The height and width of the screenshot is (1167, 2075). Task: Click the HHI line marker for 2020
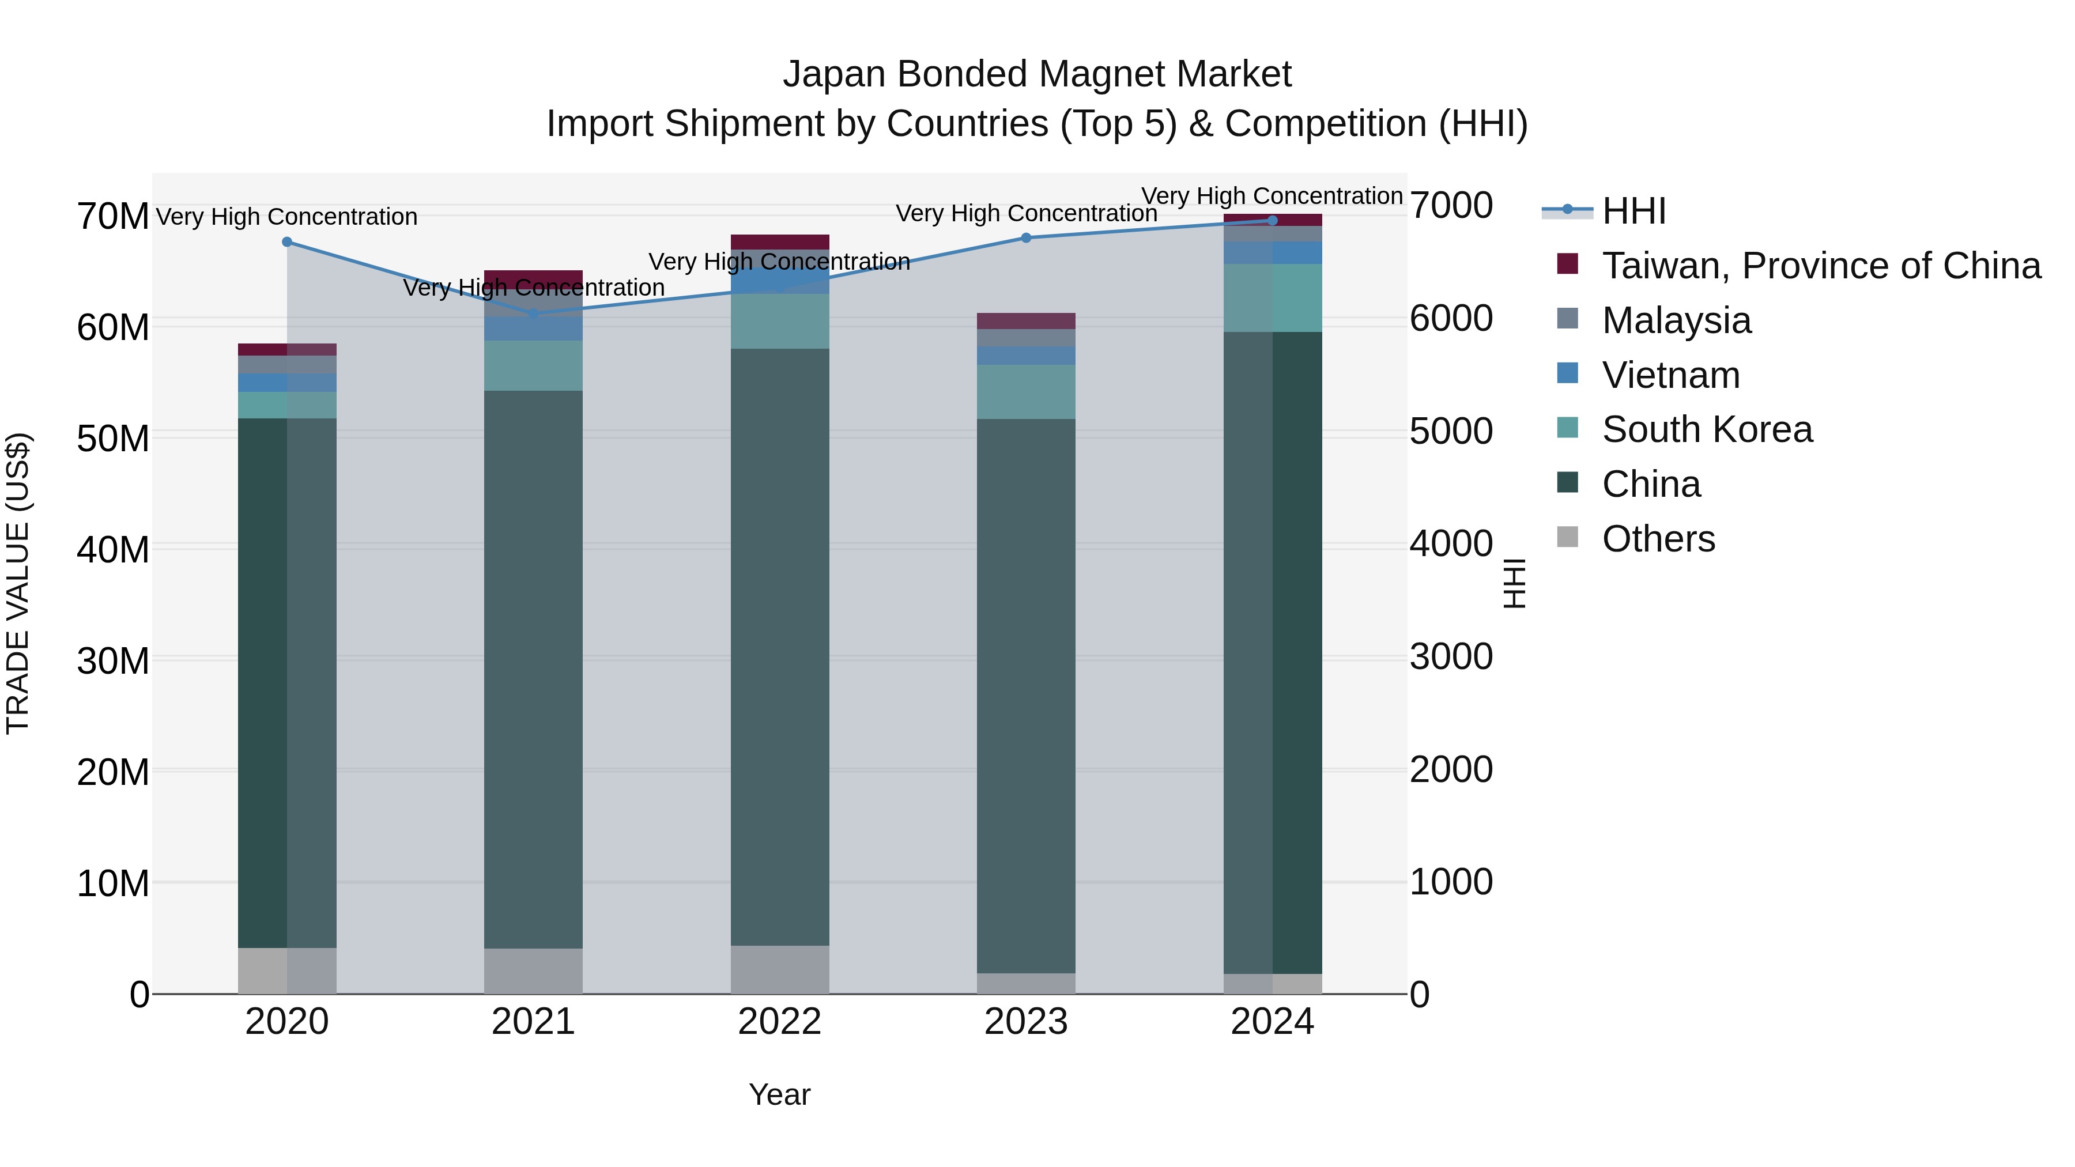point(287,241)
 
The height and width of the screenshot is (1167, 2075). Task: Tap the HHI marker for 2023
point(1026,237)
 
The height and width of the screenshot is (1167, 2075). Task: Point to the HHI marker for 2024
point(1273,220)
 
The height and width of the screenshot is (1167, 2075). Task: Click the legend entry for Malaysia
point(1676,320)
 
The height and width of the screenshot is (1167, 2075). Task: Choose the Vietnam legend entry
point(1670,375)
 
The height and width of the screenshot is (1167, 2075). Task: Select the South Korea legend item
point(1707,429)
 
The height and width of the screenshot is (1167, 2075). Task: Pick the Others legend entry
point(1658,539)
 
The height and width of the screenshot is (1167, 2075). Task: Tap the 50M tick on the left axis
point(113,439)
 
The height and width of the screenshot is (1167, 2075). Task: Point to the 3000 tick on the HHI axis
point(1451,656)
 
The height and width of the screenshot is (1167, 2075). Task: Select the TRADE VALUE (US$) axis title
point(18,583)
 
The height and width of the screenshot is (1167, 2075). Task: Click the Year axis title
point(779,1094)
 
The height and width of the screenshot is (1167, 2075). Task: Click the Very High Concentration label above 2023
point(1026,213)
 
